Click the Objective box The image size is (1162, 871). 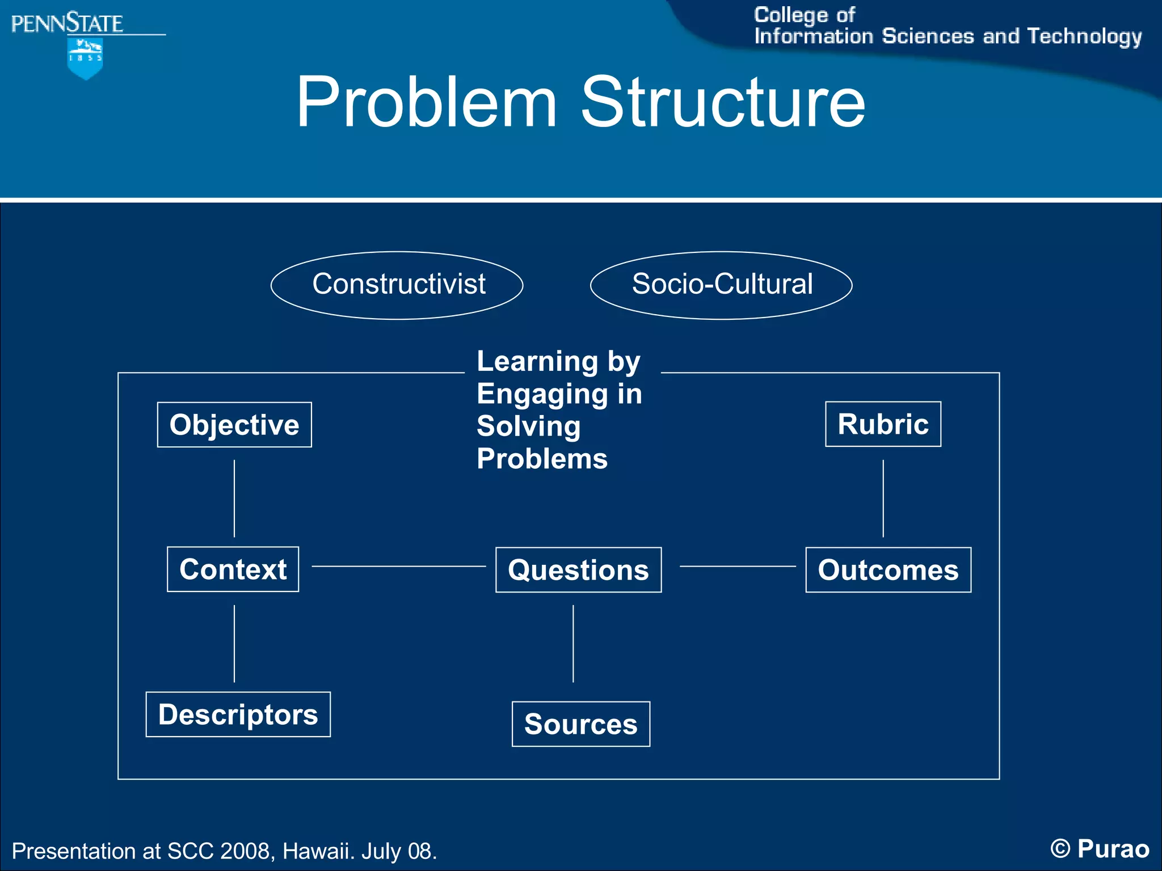pyautogui.click(x=234, y=425)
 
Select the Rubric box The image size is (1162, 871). pyautogui.click(x=883, y=424)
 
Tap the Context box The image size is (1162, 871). pyautogui.click(x=233, y=569)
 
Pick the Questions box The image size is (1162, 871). pyautogui.click(x=578, y=570)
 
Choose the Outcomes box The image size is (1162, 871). pyautogui.click(x=888, y=570)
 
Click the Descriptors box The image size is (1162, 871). pyautogui.click(x=238, y=714)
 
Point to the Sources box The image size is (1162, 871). pyautogui.click(x=580, y=724)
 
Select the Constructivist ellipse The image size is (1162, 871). pyautogui.click(x=397, y=285)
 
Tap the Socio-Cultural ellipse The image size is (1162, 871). pyautogui.click(x=721, y=285)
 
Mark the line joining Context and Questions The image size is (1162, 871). pyautogui.click(x=398, y=566)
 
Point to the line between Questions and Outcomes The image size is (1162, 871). pyautogui.click(x=738, y=566)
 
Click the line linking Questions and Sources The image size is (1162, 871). pyautogui.click(x=573, y=644)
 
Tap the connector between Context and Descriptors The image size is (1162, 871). pyautogui.click(x=234, y=644)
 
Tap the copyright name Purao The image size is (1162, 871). pyautogui.click(x=1113, y=849)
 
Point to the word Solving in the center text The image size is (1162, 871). pyautogui.click(x=528, y=426)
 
